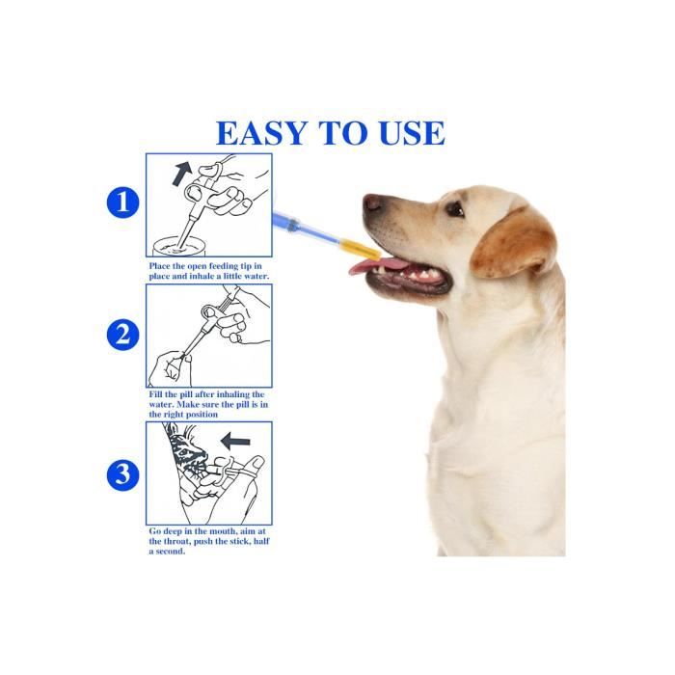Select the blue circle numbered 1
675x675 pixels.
[x=122, y=202]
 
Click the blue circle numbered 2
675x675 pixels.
[x=122, y=335]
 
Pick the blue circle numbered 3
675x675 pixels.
[x=122, y=473]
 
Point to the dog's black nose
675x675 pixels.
[x=372, y=202]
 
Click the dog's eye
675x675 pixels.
[x=454, y=209]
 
